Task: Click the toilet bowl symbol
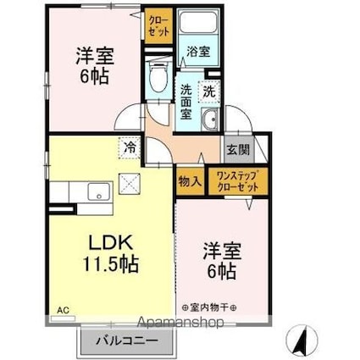click(x=158, y=75)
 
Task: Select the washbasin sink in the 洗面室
click(x=209, y=119)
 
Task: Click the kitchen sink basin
click(x=98, y=191)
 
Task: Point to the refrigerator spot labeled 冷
click(x=130, y=147)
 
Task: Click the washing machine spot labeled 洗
click(x=209, y=91)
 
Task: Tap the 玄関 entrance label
click(x=239, y=150)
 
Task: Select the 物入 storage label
click(x=190, y=181)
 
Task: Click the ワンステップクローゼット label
click(x=238, y=181)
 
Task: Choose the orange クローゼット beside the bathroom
click(x=158, y=25)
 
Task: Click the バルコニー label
click(x=126, y=341)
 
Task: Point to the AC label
click(x=63, y=311)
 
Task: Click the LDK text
click(x=111, y=242)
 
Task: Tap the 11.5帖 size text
click(x=110, y=263)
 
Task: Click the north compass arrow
click(x=302, y=339)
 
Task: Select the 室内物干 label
click(x=209, y=307)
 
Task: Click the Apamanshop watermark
click(x=180, y=322)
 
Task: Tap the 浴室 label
click(x=198, y=52)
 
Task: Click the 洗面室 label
click(x=186, y=102)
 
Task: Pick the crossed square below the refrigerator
click(x=130, y=184)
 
